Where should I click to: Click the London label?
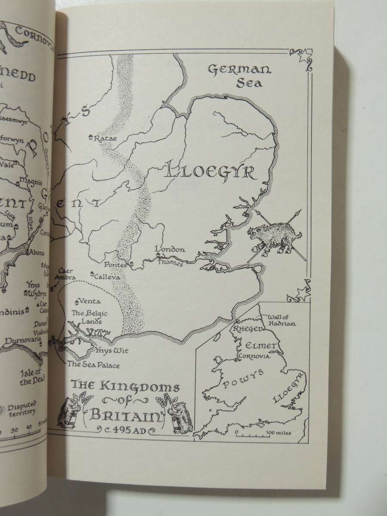[x=170, y=249]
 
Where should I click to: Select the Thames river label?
[x=170, y=264]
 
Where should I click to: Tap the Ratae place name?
[x=105, y=138]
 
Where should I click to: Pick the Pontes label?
[x=115, y=265]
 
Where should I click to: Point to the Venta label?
[x=90, y=301]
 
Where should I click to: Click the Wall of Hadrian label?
[x=281, y=320]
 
